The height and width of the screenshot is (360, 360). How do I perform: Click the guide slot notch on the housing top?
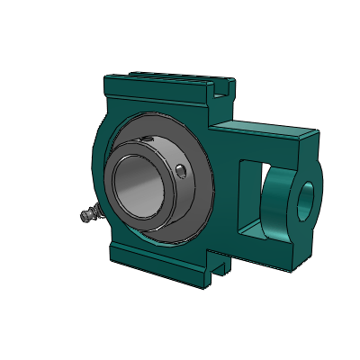pos(216,87)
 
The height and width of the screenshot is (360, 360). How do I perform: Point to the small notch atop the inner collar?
pos(143,138)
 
